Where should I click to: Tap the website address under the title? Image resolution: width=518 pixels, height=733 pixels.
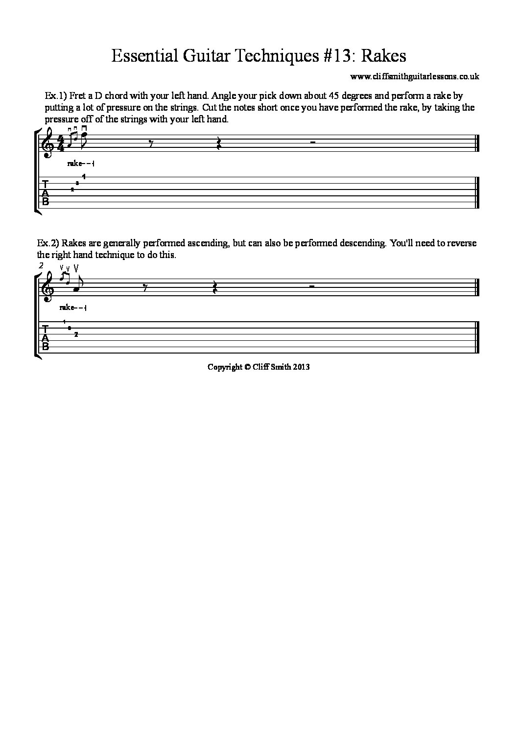coord(415,76)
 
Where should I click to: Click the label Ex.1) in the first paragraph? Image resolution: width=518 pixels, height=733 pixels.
coord(51,95)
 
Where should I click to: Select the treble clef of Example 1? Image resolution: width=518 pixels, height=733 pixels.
coord(48,145)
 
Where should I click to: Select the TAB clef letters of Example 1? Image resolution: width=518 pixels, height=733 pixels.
coord(46,193)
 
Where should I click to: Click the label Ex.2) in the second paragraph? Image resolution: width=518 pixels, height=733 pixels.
coord(48,243)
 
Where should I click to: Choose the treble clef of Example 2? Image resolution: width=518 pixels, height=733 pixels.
coord(48,288)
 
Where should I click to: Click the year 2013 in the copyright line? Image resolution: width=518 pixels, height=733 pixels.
coord(301,366)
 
